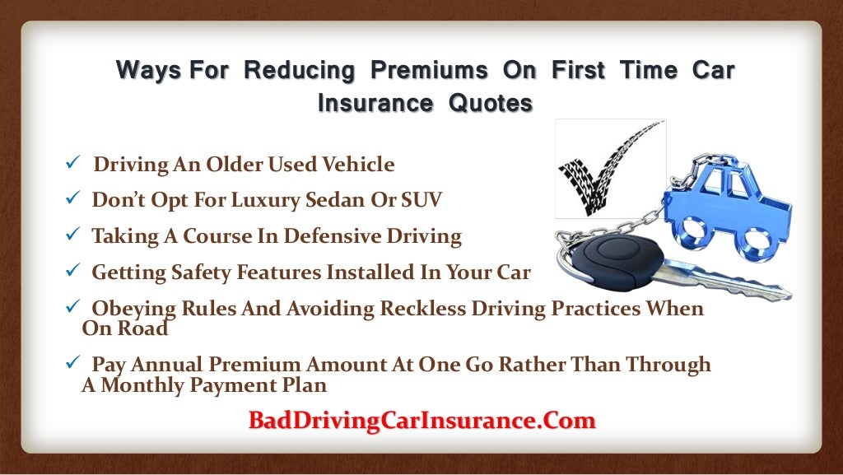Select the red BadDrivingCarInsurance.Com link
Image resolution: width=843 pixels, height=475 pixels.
(x=421, y=421)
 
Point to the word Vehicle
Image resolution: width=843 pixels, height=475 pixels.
(x=355, y=165)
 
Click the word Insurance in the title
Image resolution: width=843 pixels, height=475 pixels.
(x=375, y=104)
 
